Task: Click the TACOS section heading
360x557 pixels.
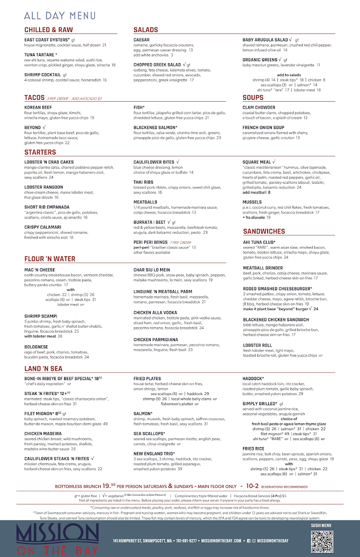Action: click(34, 98)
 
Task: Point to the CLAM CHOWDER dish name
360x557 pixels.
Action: click(259, 108)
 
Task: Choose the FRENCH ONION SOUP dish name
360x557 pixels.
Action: click(263, 128)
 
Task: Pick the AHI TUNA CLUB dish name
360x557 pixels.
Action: click(259, 242)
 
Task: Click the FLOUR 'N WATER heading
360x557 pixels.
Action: click(50, 259)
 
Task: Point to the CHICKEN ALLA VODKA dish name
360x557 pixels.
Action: click(157, 313)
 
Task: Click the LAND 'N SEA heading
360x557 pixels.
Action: click(43, 369)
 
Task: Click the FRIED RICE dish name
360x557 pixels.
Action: click(253, 449)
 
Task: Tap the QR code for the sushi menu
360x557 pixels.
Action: click(322, 540)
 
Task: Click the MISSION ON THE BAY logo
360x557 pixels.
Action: click(57, 538)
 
